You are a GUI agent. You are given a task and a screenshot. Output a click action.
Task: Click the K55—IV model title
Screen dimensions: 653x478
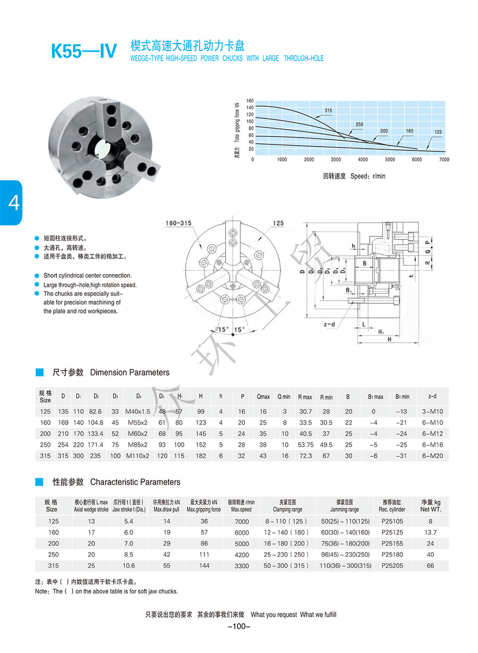[x=83, y=52]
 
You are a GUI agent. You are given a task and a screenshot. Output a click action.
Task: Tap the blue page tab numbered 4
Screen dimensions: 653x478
[x=11, y=202]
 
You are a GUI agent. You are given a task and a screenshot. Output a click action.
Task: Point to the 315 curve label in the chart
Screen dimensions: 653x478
[x=328, y=111]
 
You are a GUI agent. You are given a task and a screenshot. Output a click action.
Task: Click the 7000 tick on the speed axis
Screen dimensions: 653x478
[x=444, y=159]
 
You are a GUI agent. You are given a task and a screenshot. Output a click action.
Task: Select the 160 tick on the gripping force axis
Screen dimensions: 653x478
[x=250, y=100]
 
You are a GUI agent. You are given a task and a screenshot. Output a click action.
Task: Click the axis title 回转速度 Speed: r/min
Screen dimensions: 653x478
[x=354, y=176]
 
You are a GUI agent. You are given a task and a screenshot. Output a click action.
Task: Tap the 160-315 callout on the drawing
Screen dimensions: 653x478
[x=178, y=223]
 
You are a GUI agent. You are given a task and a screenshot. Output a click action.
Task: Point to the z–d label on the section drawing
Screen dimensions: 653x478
[x=329, y=324]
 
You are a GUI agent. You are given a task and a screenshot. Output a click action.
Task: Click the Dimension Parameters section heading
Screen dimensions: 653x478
[x=111, y=372]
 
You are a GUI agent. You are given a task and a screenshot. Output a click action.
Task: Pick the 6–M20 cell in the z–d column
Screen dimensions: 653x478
[x=434, y=456]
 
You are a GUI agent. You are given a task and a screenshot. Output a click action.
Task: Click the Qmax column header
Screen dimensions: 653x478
[x=263, y=396]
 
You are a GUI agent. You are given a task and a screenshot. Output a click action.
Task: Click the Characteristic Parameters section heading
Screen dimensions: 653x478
[x=116, y=482]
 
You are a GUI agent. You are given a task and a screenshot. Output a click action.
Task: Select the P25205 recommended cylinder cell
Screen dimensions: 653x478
[x=392, y=566]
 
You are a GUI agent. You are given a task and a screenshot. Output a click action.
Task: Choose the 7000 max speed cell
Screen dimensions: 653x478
[x=242, y=522]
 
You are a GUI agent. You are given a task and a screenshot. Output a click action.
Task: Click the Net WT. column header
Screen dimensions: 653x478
[x=430, y=506]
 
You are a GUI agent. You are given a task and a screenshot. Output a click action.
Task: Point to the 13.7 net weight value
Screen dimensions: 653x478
[x=430, y=532]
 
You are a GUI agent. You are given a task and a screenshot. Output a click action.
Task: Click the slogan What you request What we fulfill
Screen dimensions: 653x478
[x=294, y=615]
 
